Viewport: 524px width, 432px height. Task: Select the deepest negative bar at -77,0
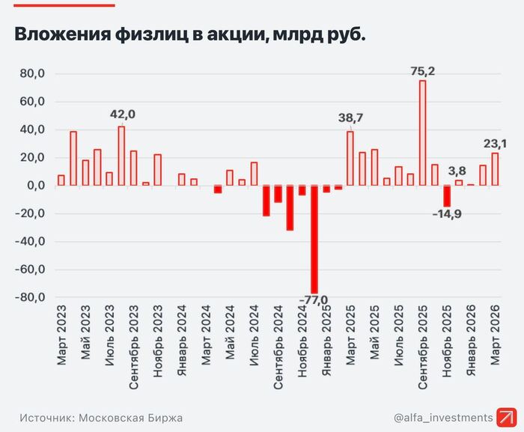314,240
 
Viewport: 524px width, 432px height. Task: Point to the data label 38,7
350,118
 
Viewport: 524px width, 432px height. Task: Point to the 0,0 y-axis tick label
32,186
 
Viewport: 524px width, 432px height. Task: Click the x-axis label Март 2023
61,334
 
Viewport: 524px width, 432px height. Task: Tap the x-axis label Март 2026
495,334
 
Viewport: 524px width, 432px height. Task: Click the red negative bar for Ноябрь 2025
447,196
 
